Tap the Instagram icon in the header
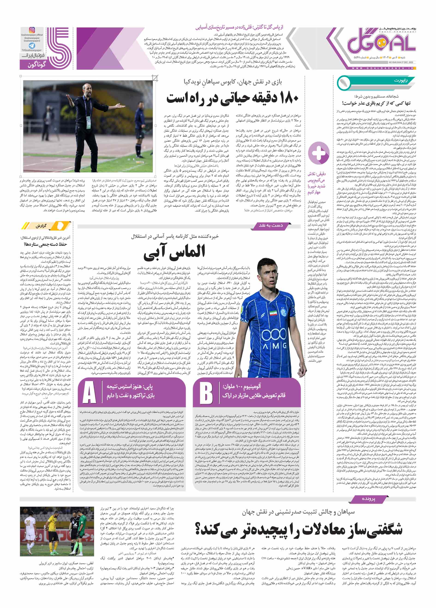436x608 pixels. click(32, 30)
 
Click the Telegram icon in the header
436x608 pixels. click(32, 46)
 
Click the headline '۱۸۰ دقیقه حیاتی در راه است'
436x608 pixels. click(232, 98)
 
